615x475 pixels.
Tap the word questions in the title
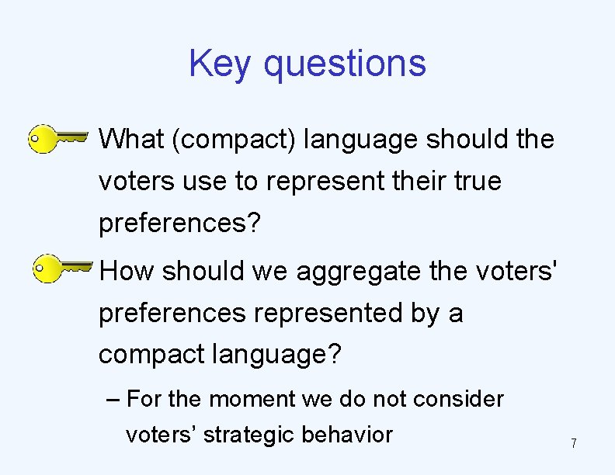[345, 64]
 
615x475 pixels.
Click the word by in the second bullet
[426, 313]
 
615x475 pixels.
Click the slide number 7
[573, 444]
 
